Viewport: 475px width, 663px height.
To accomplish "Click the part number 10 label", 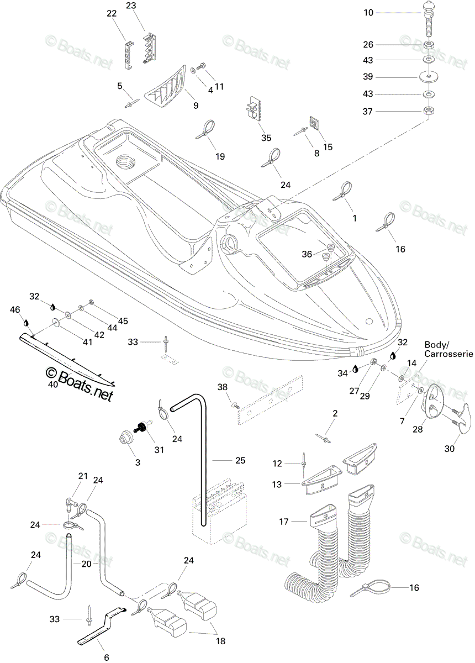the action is pos(368,13).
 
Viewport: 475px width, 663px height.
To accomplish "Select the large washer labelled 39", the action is pos(429,77).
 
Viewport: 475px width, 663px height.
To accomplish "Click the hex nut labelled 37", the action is pos(429,112).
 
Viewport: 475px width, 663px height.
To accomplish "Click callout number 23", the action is pos(131,6).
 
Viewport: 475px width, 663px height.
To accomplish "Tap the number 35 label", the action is pos(266,138).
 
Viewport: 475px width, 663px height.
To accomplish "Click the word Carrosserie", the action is pos(448,354).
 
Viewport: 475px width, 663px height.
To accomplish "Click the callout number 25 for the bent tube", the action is pos(240,460).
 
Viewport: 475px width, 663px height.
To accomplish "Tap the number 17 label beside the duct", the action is pos(284,522).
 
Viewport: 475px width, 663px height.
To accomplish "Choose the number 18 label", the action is pos(221,641).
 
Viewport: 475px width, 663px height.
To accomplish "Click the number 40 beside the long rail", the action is pos(53,385).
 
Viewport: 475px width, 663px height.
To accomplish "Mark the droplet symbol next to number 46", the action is pos(26,322).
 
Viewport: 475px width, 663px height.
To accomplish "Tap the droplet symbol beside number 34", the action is pos(355,369).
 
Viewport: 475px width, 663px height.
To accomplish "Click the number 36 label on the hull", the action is pos(307,254).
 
